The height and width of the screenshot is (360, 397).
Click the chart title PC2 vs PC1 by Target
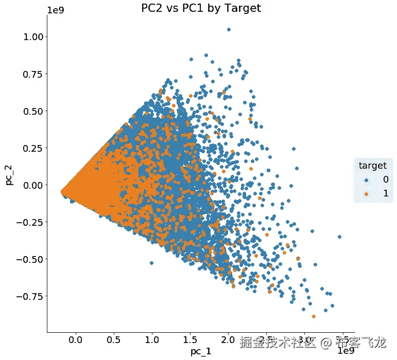click(x=201, y=8)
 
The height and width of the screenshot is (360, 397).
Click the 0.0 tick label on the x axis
click(x=76, y=340)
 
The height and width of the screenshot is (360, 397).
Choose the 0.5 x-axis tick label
click(x=114, y=340)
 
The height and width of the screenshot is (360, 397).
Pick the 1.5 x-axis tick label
click(x=190, y=340)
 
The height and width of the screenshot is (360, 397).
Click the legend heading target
click(x=372, y=166)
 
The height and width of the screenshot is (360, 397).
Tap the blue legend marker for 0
click(x=366, y=179)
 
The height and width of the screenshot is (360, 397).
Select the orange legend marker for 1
click(x=366, y=193)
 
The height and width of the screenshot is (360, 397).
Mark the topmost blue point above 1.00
click(x=229, y=29)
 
